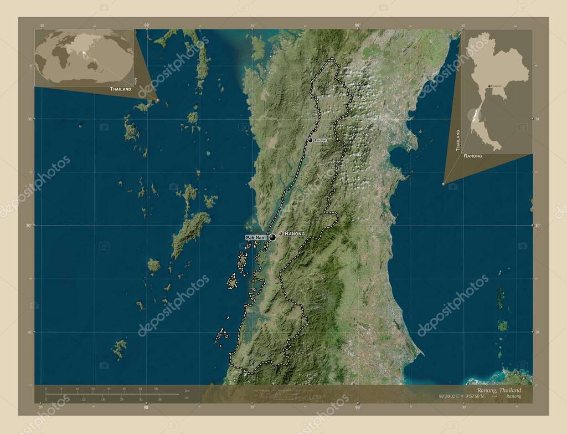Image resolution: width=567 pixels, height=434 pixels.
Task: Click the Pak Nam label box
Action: click(256, 237)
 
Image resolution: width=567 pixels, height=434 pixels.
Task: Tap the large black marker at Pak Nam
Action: click(272, 237)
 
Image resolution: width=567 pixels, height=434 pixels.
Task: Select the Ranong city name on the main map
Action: click(295, 234)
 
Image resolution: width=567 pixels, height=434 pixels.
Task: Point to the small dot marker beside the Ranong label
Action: click(281, 234)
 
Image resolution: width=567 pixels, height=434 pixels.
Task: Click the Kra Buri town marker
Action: click(310, 140)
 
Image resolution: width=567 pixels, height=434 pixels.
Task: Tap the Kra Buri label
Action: click(321, 140)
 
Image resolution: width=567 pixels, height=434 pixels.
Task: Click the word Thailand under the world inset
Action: click(120, 89)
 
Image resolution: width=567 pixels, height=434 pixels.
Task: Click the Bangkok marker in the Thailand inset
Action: click(488, 86)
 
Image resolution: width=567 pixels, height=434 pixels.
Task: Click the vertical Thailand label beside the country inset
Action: click(458, 141)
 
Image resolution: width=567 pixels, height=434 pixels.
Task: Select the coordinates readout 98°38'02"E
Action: click(449, 396)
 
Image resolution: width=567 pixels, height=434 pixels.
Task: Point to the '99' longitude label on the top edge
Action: click(357, 25)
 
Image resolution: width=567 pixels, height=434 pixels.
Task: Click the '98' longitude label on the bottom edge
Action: click(146, 407)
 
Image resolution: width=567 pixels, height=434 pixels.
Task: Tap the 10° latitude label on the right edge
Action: click(538, 226)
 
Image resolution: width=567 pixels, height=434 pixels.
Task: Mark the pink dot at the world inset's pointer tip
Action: click(157, 100)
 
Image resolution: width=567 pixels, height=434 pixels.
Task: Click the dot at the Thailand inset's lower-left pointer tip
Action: click(444, 184)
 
